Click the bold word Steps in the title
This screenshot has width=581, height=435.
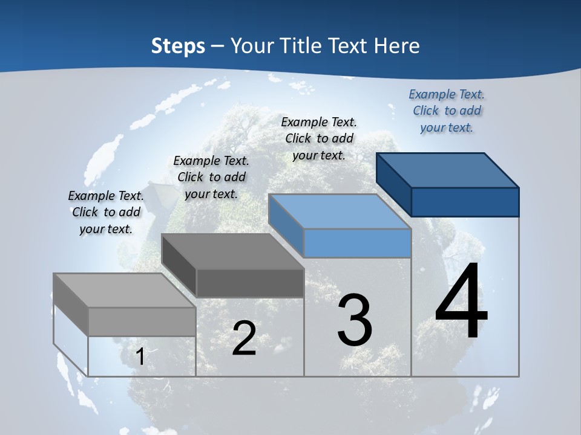(x=178, y=46)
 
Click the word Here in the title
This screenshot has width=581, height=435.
(x=397, y=46)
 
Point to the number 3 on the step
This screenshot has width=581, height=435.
(x=355, y=320)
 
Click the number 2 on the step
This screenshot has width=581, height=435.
(x=244, y=338)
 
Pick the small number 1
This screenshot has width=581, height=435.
(x=140, y=356)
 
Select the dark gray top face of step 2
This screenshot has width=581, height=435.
(x=233, y=251)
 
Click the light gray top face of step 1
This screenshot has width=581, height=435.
(x=125, y=291)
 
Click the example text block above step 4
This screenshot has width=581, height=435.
(x=447, y=111)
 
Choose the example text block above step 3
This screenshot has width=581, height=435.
(x=319, y=138)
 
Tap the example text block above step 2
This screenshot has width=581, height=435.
(x=211, y=177)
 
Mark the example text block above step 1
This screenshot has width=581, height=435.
(x=106, y=212)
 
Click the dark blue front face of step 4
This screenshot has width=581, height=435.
(x=465, y=202)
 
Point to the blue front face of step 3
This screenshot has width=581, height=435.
(x=357, y=243)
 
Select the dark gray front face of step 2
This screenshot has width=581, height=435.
(x=250, y=283)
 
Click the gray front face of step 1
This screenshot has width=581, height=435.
(x=142, y=321)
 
